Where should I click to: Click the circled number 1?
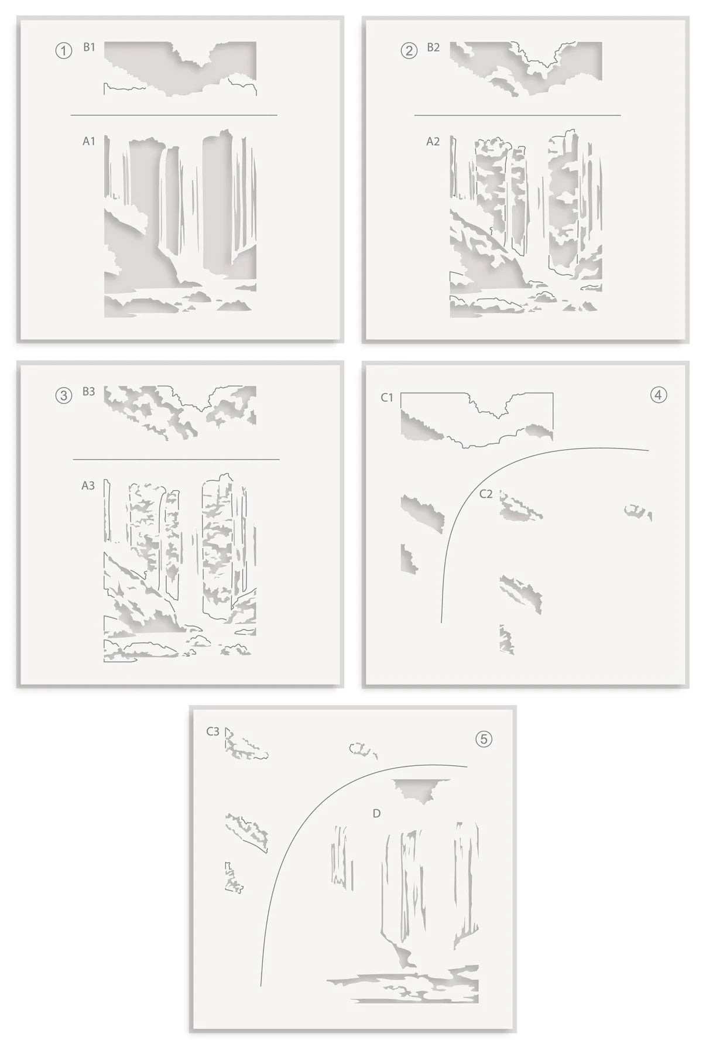coord(63,51)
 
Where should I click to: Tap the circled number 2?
coord(409,51)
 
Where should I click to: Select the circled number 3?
coord(63,395)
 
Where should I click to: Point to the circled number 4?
coord(658,395)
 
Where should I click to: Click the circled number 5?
coord(484,739)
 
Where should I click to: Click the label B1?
coord(89,47)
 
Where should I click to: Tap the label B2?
coord(433,47)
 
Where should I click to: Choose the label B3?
coord(88,392)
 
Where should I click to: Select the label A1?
coord(88,141)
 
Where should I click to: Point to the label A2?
coord(433,141)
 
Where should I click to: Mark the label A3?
coord(88,485)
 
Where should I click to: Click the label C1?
coord(387,398)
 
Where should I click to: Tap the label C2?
coord(486,494)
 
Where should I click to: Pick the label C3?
coord(213,731)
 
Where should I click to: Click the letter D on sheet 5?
coord(376,813)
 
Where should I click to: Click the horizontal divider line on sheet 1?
coord(174,115)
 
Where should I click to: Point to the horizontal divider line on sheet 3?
coord(176,460)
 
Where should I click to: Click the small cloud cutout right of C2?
coord(637,512)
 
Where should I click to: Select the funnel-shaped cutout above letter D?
coord(419,789)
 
